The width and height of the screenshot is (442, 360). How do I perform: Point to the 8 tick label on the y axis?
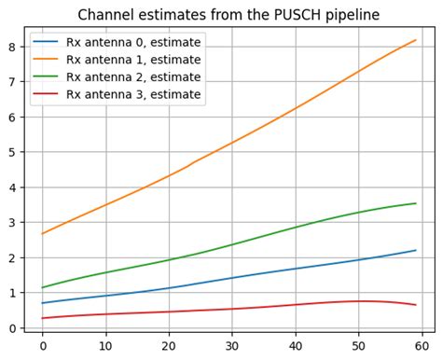[x=12, y=47]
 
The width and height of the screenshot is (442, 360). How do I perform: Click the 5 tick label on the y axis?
[x=12, y=152]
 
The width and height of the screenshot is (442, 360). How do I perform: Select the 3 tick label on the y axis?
[x=12, y=223]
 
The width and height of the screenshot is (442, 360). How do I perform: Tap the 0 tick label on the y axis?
[x=12, y=328]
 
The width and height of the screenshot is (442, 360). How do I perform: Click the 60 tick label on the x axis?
[x=422, y=345]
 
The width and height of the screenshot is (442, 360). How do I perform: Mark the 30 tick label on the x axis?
[x=232, y=345]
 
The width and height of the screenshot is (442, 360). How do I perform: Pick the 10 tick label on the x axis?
[x=105, y=345]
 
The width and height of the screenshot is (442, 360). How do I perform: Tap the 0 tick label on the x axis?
[x=42, y=345]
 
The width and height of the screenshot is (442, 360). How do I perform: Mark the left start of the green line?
[x=42, y=287]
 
